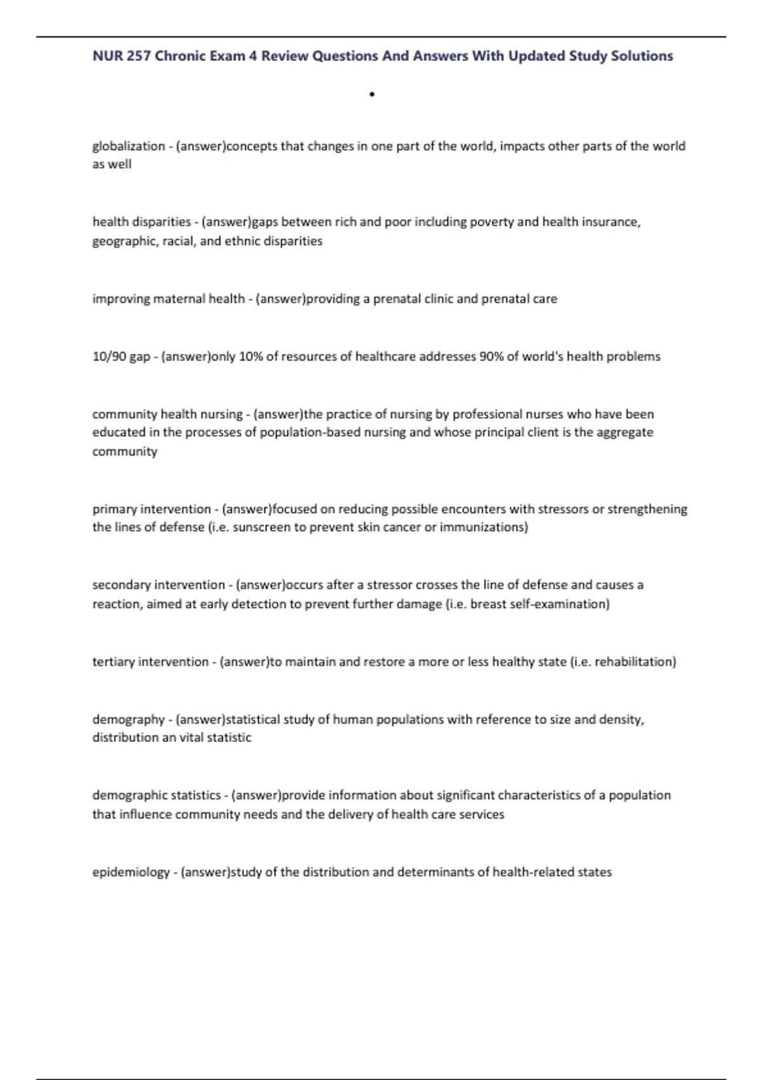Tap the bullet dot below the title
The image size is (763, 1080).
click(x=371, y=95)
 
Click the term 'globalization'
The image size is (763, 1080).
click(x=128, y=146)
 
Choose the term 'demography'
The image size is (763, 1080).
click(x=128, y=719)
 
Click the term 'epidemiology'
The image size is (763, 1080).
click(x=131, y=872)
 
